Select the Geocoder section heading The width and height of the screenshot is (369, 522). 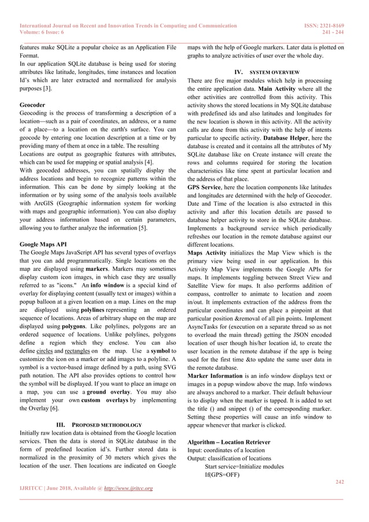[32, 104]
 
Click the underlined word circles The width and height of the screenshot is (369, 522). [45, 351]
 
